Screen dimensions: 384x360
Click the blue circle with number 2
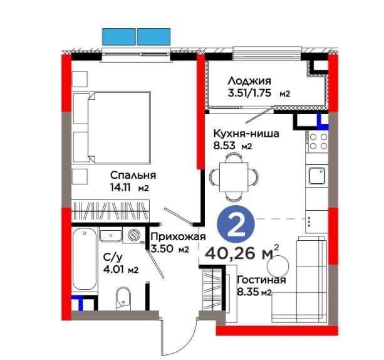pos(236,224)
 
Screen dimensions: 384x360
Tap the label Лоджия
pos(249,81)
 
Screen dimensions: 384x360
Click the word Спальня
pos(133,175)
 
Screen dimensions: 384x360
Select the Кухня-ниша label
pos(246,134)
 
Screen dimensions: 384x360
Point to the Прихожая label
pos(178,237)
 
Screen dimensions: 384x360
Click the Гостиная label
pos(262,280)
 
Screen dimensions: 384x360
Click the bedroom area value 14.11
pos(120,188)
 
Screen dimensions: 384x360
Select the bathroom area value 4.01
pos(113,270)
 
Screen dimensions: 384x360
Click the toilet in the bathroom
pos(123,299)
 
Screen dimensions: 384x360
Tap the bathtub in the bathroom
pos(85,259)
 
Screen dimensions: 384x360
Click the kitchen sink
pos(317,176)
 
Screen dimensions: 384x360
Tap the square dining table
pos(234,177)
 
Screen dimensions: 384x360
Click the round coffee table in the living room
pos(278,266)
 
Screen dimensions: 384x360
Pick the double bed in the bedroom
pos(112,127)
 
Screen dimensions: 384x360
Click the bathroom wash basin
pos(110,235)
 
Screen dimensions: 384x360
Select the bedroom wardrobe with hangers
pos(110,210)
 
